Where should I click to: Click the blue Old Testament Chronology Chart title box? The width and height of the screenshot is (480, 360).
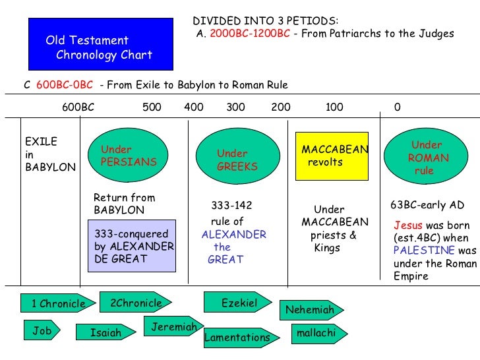click(100, 44)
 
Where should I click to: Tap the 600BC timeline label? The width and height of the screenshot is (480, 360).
click(78, 107)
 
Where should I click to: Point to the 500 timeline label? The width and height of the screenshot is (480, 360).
click(152, 107)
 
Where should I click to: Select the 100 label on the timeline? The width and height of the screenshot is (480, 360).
click(334, 107)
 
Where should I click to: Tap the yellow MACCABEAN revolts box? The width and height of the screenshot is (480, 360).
click(331, 156)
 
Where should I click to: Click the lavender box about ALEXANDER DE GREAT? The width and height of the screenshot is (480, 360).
click(132, 246)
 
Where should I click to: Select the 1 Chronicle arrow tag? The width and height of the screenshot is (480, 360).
click(58, 303)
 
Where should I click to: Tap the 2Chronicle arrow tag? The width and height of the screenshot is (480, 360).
click(136, 303)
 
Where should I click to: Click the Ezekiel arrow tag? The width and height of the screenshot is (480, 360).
click(239, 303)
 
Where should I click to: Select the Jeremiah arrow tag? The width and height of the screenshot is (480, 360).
click(174, 327)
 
